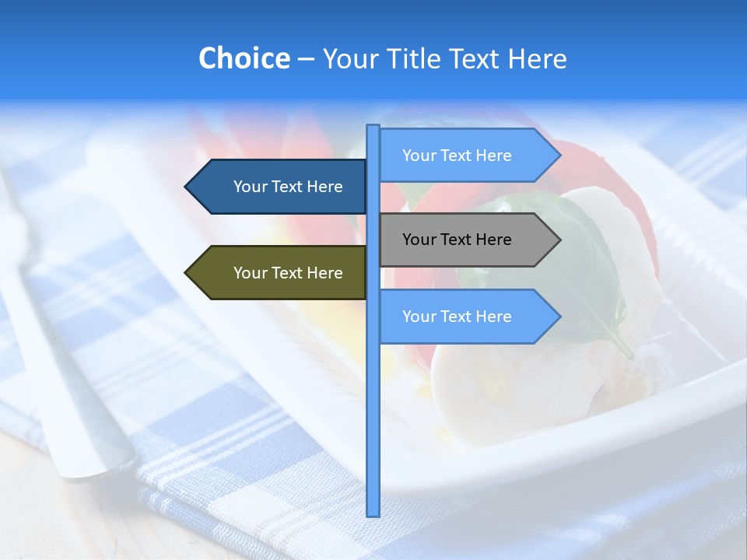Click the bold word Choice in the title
(x=244, y=58)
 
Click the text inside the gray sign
(x=457, y=240)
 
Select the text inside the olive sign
(x=288, y=273)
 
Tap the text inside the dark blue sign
(x=288, y=187)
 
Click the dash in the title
(x=306, y=59)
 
